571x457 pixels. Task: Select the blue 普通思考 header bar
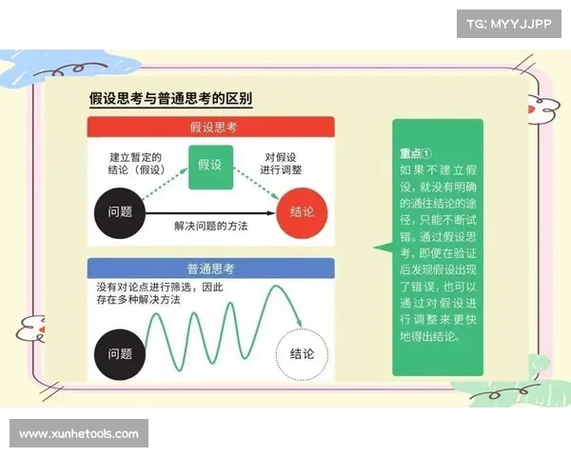[x=210, y=268]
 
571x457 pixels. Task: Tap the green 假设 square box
[x=209, y=165]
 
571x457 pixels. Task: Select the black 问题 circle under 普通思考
[x=120, y=354]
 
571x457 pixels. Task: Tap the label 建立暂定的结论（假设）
[x=135, y=165]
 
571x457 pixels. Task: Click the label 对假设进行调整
[x=285, y=165]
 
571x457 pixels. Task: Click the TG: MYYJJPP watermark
[x=508, y=23]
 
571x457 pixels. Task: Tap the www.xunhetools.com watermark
[x=79, y=434]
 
